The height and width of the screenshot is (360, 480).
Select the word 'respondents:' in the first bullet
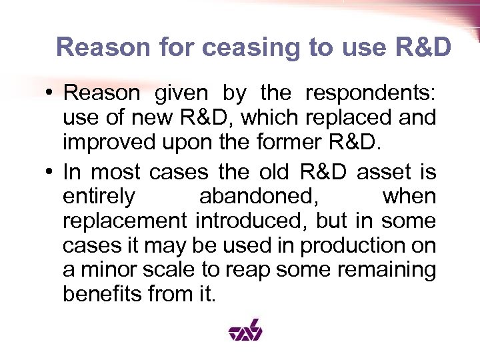370,94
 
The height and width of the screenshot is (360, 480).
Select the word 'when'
409,197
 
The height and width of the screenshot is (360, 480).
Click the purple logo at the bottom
245,329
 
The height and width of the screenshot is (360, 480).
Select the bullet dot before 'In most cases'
50,173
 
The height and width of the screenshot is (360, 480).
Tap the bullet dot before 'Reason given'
50,94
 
